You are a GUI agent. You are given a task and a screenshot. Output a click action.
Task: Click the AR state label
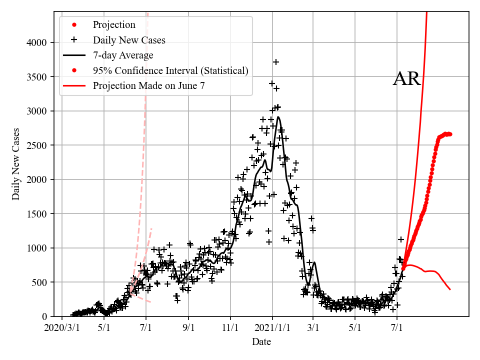[407, 79]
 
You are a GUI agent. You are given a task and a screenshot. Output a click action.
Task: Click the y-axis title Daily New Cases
[16, 164]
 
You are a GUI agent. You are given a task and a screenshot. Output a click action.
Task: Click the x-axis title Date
[261, 342]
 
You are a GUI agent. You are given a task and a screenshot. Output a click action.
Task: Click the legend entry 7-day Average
[123, 55]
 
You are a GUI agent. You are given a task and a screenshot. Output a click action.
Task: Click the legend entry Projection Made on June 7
[148, 86]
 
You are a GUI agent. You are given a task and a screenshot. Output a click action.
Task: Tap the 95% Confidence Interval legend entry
[170, 70]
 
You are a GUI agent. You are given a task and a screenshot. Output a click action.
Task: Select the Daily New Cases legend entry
[129, 40]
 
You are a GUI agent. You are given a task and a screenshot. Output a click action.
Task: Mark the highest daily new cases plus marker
[275, 62]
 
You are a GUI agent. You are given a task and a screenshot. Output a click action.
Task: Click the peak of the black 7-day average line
[278, 117]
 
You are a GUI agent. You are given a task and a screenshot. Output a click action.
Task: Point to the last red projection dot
[450, 134]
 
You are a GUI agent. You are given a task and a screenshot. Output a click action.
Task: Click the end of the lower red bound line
[450, 289]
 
